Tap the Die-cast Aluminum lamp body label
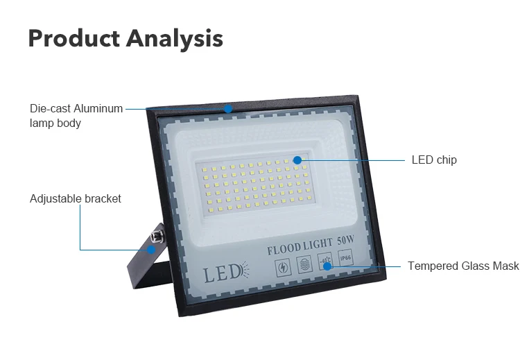(x=76, y=116)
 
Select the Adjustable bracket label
(x=75, y=198)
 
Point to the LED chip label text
(x=434, y=160)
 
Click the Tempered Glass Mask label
(x=462, y=266)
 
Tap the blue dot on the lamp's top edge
(x=228, y=108)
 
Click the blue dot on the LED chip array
(x=297, y=160)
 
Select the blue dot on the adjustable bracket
(x=151, y=249)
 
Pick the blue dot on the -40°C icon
(x=327, y=266)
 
